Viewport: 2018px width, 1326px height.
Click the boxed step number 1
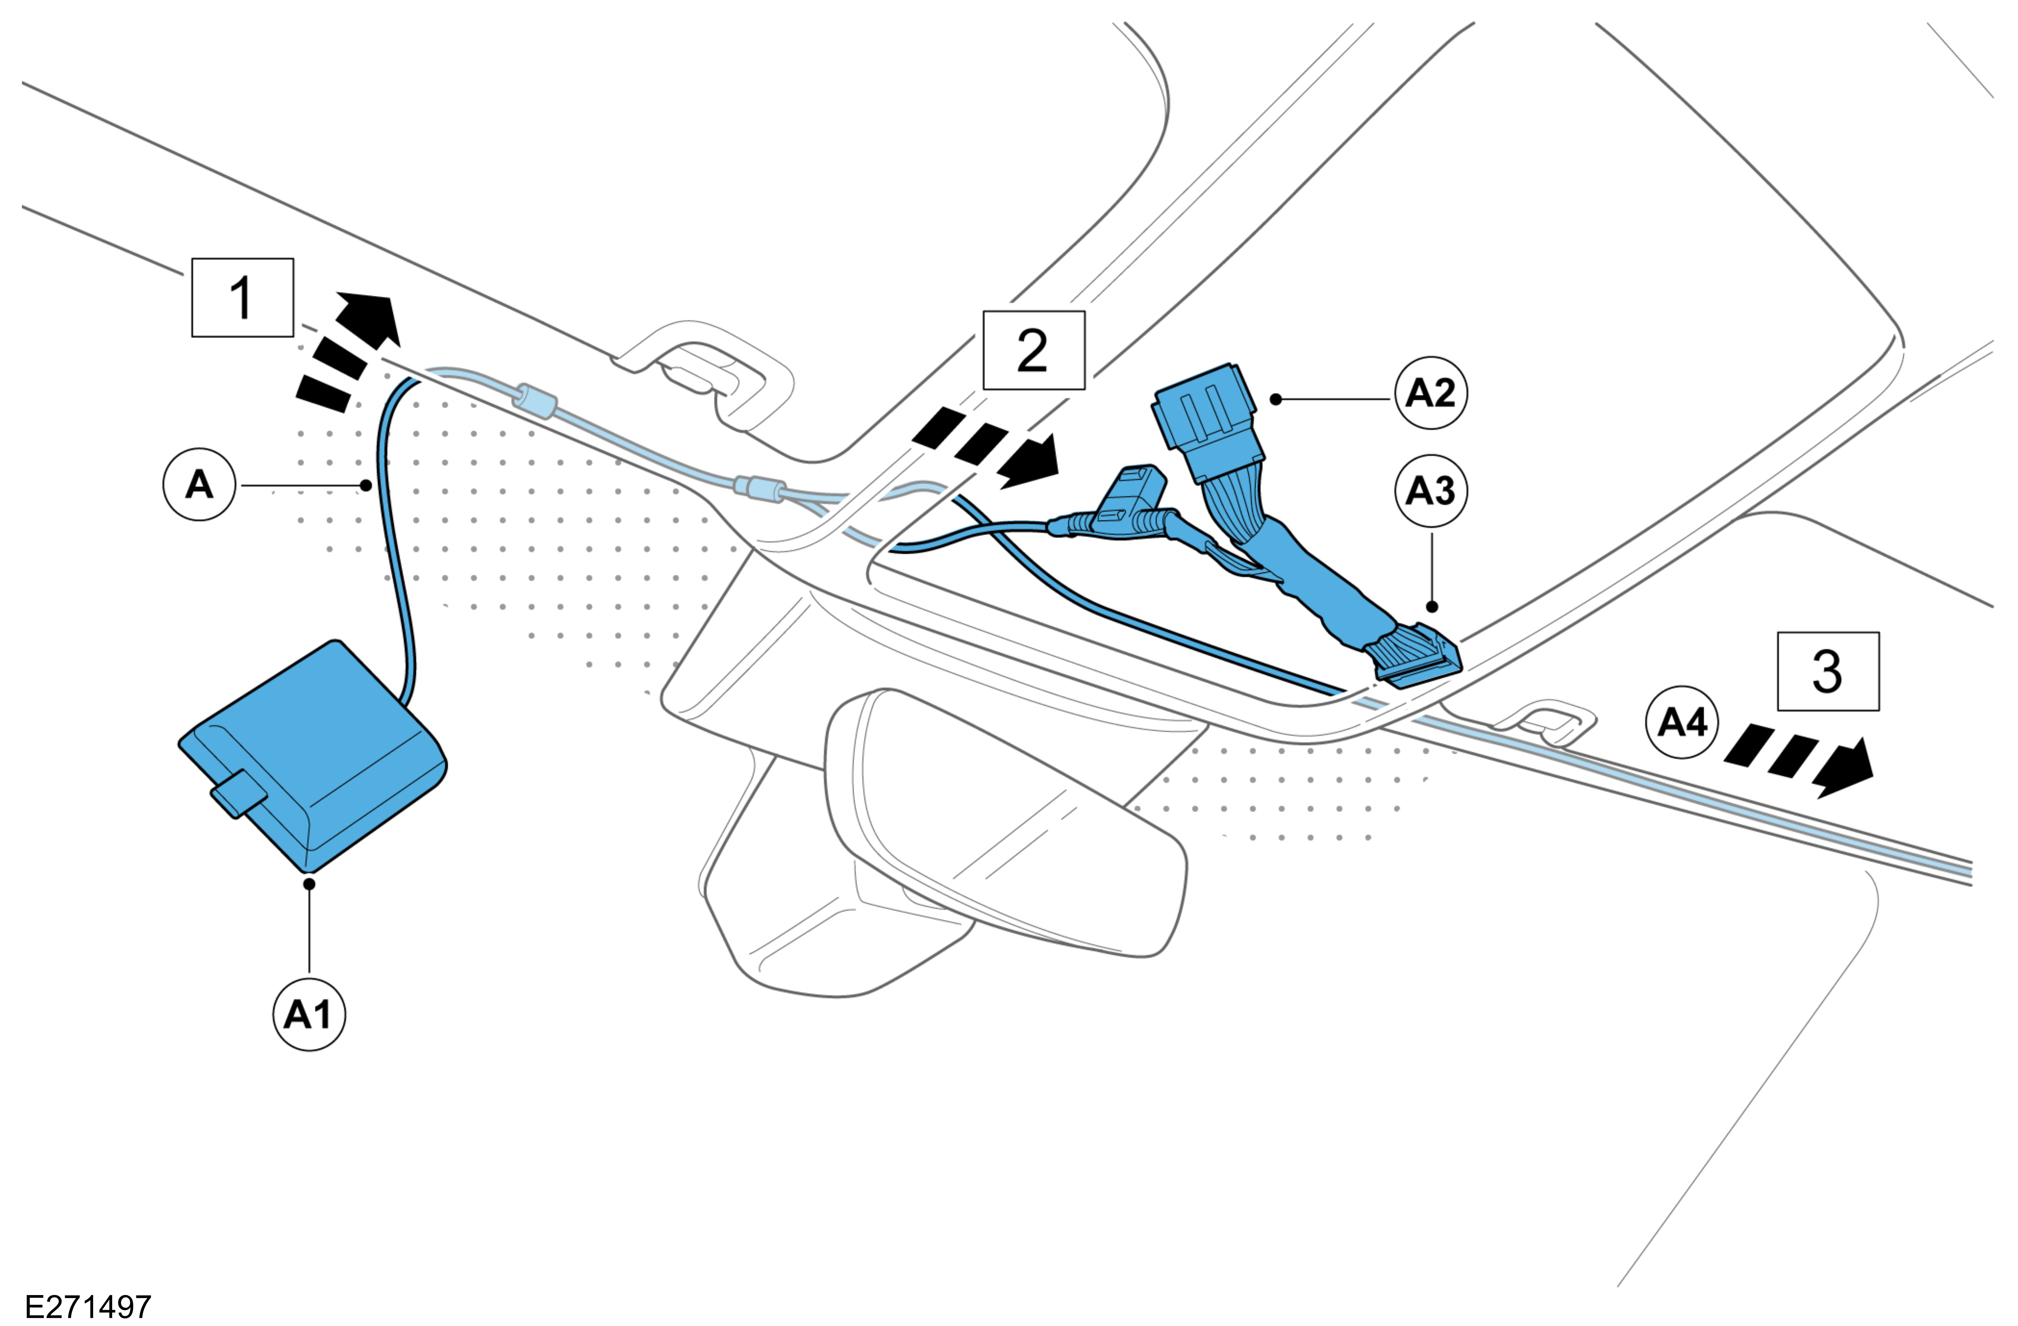click(243, 298)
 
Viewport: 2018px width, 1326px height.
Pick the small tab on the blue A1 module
click(239, 793)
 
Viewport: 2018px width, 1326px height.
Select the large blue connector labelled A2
click(1208, 424)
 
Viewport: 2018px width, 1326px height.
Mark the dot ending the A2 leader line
click(1276, 398)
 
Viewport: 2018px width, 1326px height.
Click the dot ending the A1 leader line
click(310, 883)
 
